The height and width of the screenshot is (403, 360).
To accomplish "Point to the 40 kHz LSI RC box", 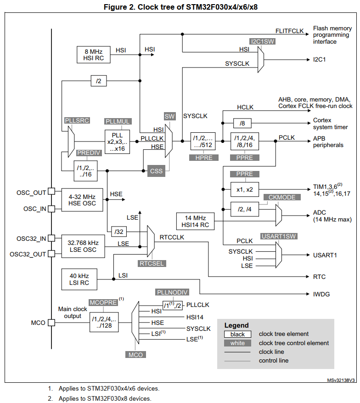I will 79,279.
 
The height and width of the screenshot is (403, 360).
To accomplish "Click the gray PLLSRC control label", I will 77,120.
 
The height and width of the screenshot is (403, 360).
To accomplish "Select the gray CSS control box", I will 156,171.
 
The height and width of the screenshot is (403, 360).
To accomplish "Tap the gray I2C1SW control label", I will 263,41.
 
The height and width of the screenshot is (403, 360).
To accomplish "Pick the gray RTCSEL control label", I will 151,263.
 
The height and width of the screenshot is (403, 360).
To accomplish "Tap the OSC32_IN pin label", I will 31,238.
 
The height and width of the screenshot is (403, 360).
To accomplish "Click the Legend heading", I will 236,325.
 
